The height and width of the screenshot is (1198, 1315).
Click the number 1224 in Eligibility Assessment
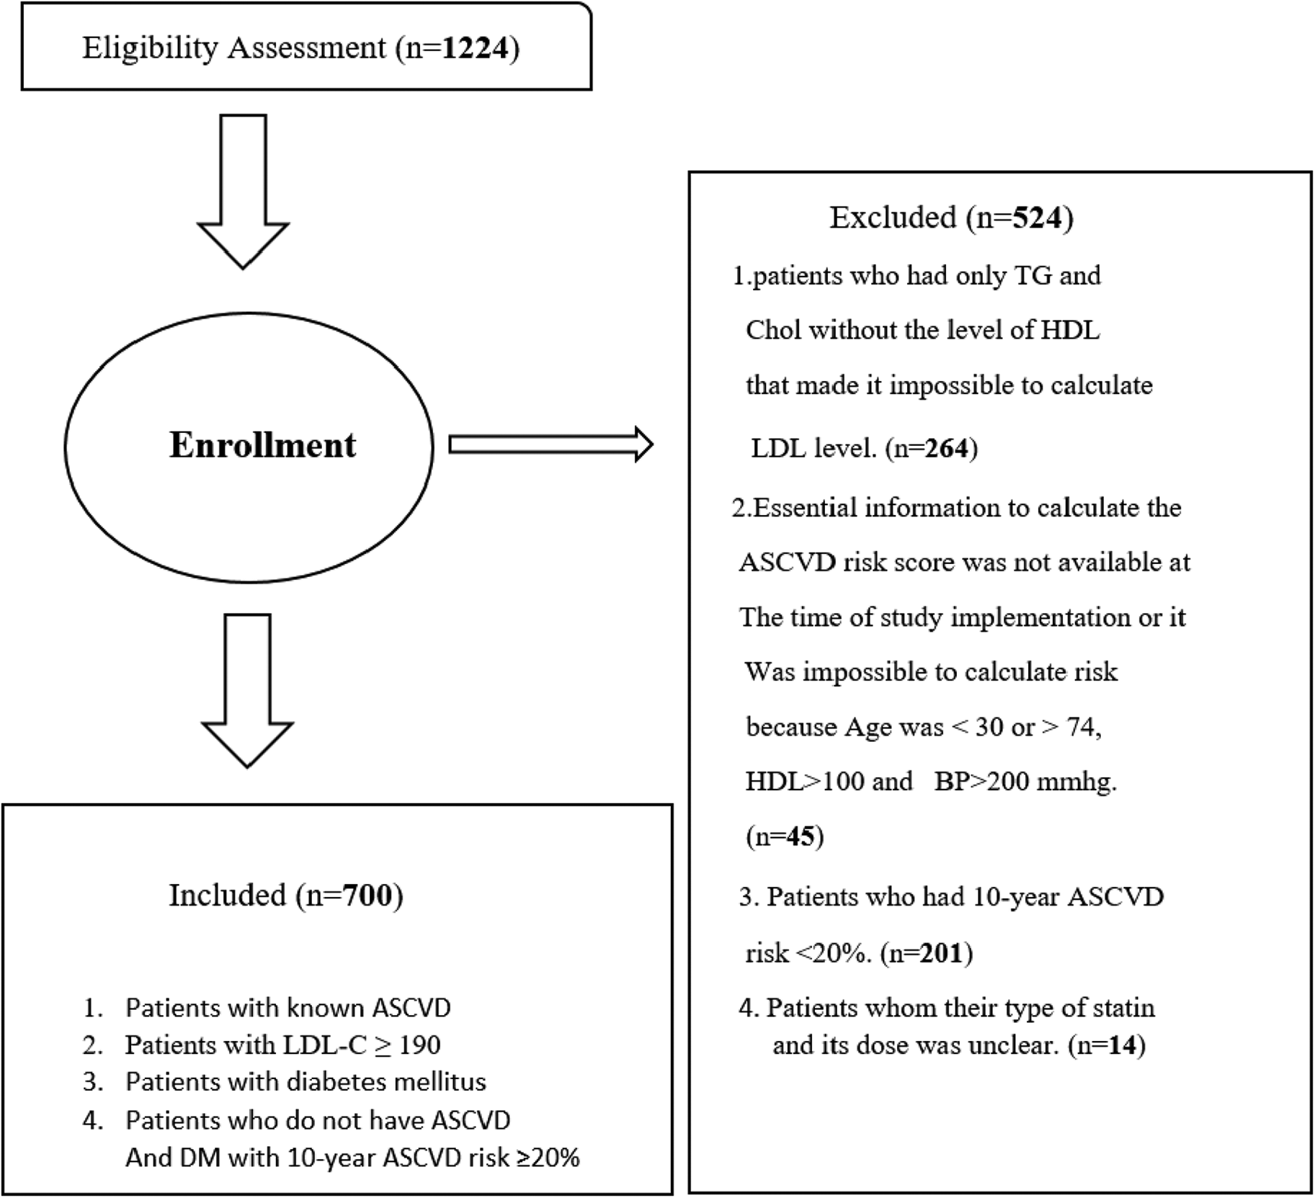476,48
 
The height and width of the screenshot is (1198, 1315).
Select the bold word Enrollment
262,445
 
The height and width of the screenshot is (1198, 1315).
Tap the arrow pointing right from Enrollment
550,444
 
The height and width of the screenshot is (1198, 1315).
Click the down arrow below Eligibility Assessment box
243,192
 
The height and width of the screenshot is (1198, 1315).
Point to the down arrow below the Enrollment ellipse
247,690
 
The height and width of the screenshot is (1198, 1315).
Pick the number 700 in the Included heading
367,895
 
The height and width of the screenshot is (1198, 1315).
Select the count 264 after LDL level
946,448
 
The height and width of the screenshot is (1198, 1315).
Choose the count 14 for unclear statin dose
1121,1045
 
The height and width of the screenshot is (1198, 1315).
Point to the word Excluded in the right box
892,217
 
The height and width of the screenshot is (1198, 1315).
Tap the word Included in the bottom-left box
227,895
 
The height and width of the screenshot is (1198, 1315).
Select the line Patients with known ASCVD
287,1007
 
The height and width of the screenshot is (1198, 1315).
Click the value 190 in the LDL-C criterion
419,1045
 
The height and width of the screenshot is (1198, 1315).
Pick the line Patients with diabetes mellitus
306,1081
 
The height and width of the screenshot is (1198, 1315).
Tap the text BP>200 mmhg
1025,781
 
